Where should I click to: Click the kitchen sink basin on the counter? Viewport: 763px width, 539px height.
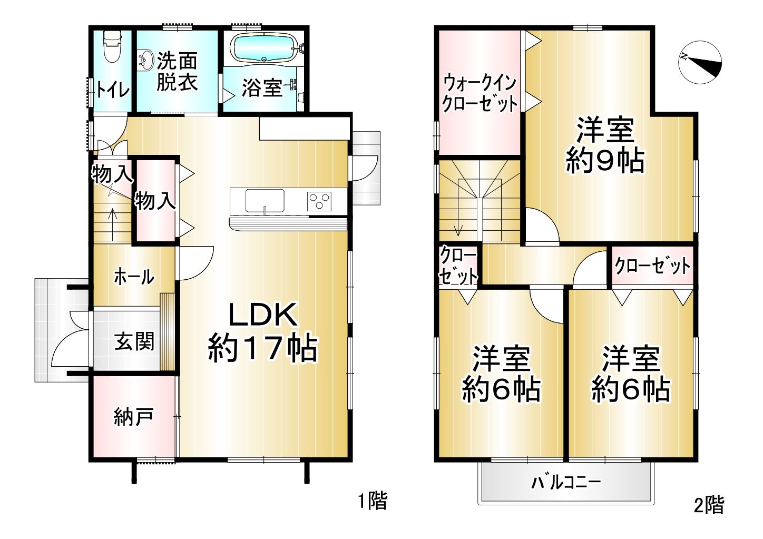click(265, 201)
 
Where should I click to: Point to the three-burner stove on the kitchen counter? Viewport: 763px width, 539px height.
click(319, 201)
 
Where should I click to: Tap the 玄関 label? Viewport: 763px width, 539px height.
click(134, 341)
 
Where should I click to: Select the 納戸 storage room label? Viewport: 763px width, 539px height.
click(133, 416)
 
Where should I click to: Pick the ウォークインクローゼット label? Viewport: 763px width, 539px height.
click(480, 94)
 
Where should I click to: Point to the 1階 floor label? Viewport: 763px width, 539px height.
click(373, 502)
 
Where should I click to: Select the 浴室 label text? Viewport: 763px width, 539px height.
click(262, 88)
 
